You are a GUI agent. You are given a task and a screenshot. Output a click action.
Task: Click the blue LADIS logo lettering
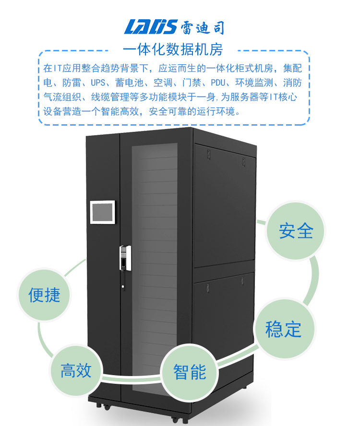(x=151, y=27)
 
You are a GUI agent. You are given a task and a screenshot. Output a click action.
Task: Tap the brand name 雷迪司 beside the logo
(x=202, y=28)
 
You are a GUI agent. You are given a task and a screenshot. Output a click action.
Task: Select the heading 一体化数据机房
(x=173, y=49)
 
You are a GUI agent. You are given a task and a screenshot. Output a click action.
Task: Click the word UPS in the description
(x=98, y=83)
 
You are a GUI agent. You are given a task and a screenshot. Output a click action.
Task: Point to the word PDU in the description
(x=218, y=83)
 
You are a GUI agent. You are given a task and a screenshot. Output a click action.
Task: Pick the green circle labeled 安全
(x=296, y=231)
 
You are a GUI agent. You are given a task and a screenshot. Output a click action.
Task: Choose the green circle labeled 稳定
(x=284, y=329)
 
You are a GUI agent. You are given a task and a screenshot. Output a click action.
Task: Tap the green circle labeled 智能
(x=190, y=372)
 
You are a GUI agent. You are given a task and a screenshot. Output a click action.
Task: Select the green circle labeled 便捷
(x=44, y=295)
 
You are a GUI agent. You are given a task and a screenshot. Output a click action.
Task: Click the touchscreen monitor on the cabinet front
(x=103, y=212)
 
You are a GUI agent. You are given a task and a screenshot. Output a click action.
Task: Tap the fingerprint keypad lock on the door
(x=125, y=258)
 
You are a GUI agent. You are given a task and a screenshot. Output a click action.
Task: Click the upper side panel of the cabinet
(x=225, y=206)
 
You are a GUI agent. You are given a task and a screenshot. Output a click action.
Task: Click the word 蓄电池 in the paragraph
(x=129, y=83)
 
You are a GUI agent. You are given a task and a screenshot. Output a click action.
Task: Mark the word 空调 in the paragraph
(x=163, y=83)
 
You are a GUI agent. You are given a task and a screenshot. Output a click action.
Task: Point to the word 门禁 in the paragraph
(x=192, y=83)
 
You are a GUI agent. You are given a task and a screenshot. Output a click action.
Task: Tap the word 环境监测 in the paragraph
(x=254, y=83)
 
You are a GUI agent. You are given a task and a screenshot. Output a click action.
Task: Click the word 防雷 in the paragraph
(x=72, y=83)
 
